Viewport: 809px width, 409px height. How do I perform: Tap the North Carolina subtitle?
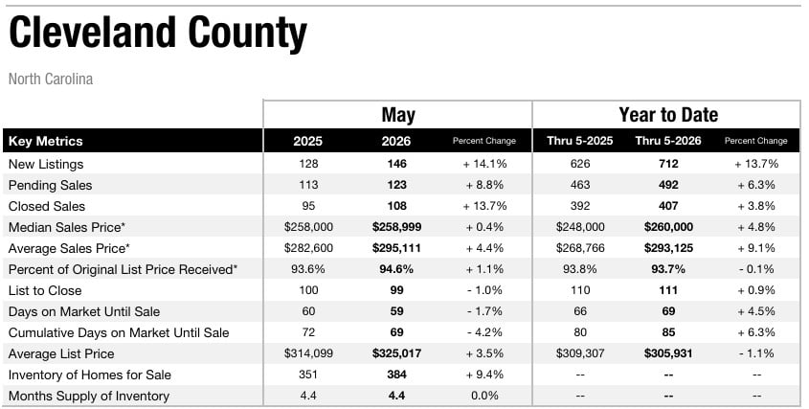(x=51, y=79)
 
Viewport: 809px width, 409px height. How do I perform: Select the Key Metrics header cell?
(x=45, y=141)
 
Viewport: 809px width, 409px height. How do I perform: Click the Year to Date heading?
(x=668, y=115)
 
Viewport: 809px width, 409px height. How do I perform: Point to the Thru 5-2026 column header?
(x=668, y=141)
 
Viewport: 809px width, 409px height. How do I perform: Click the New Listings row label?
(x=46, y=164)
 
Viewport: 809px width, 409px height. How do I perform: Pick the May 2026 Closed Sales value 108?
(x=396, y=206)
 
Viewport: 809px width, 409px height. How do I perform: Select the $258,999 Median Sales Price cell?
(x=396, y=227)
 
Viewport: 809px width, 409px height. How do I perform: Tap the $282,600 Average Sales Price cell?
(x=308, y=248)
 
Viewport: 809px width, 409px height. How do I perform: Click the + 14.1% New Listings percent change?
(x=484, y=164)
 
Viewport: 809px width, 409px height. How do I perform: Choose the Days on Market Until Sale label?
(x=84, y=312)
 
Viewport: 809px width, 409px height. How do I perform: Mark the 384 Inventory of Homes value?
(x=396, y=375)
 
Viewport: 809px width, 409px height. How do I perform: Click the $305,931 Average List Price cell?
(x=668, y=353)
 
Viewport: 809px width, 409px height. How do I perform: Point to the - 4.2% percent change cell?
(x=484, y=332)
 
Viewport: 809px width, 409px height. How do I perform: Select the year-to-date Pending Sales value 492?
(x=668, y=185)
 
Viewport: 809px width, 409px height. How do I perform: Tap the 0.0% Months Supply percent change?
(x=484, y=397)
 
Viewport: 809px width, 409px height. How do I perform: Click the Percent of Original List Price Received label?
(x=124, y=269)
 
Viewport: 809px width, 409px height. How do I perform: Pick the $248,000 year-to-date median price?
(x=580, y=227)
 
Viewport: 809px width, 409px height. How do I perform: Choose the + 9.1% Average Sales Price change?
(x=755, y=248)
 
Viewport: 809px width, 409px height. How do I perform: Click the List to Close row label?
(x=45, y=291)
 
